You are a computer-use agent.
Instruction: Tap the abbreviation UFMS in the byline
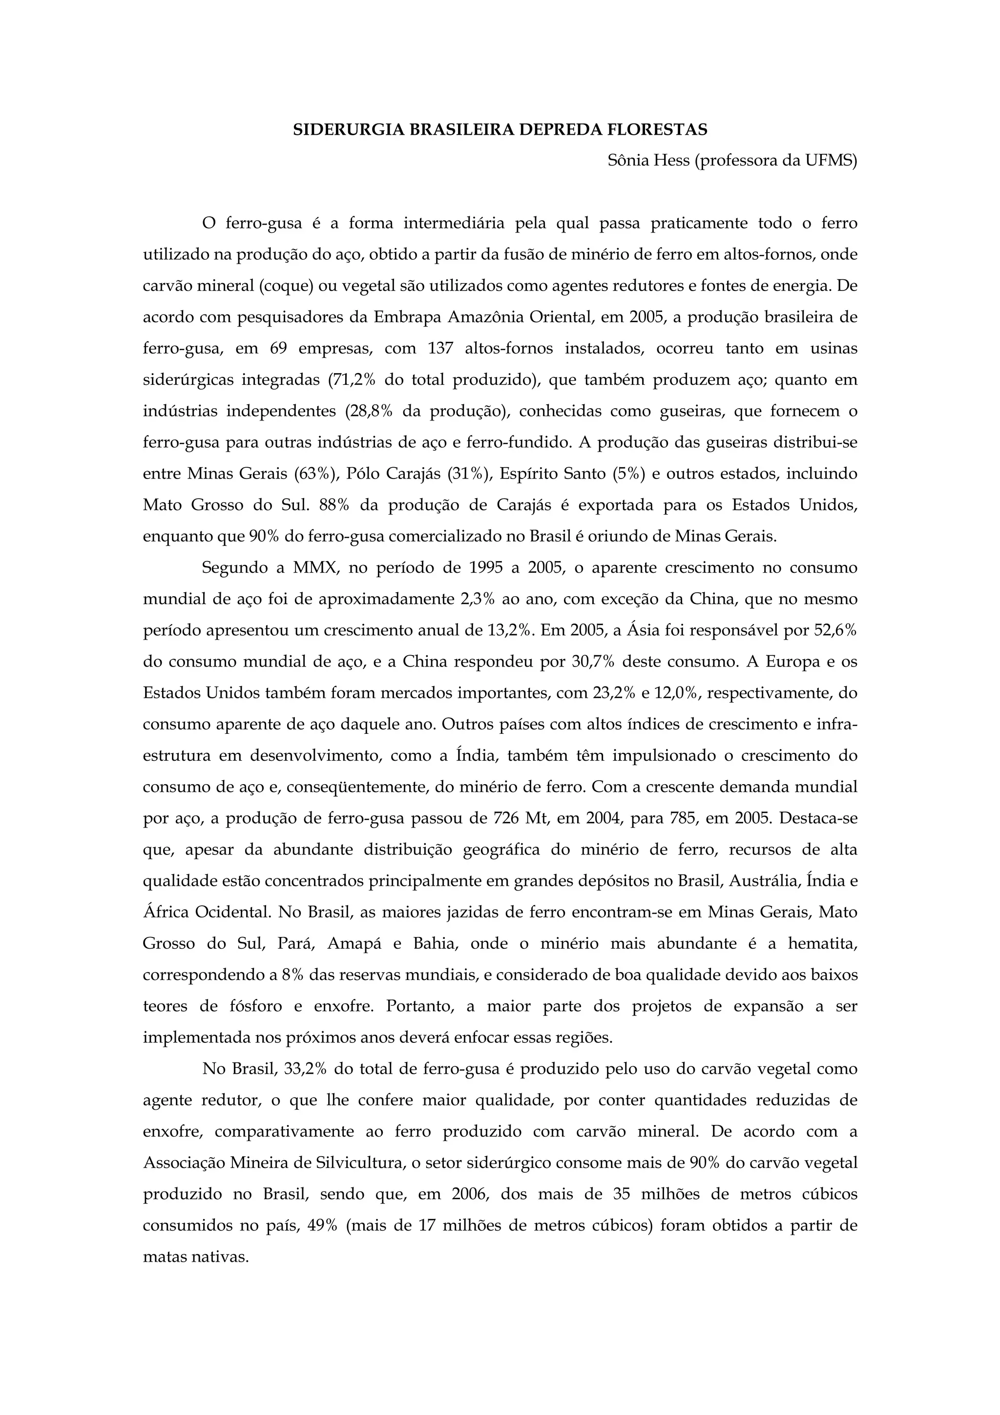[x=830, y=161]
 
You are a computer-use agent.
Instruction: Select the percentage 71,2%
[x=353, y=380]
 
